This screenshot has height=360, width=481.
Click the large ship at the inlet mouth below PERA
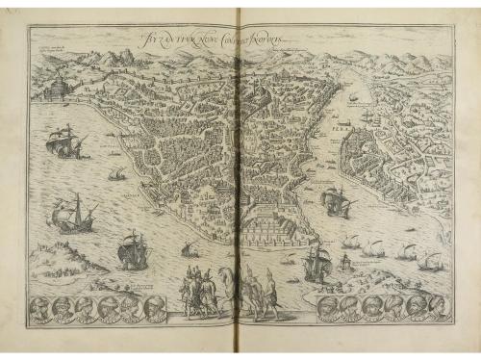click(336, 201)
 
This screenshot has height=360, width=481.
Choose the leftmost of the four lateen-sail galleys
click(351, 241)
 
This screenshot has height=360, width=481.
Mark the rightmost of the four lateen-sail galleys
click(430, 260)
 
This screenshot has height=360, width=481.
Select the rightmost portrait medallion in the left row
click(153, 309)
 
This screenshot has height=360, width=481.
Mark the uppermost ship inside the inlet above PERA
click(351, 97)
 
